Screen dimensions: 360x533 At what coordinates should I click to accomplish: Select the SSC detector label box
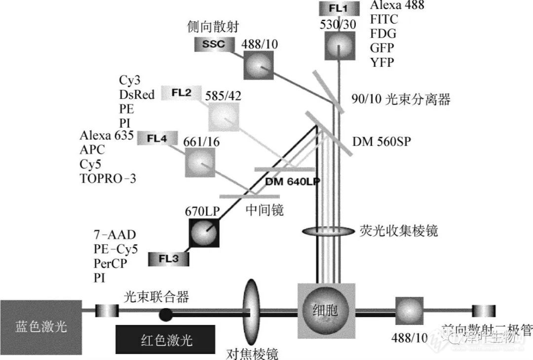pyautogui.click(x=213, y=44)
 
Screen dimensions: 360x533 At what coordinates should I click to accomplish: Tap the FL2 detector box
pyautogui.click(x=181, y=92)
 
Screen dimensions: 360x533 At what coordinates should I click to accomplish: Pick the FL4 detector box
pyautogui.click(x=157, y=139)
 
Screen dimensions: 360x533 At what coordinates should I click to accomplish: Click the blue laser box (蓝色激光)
pyautogui.click(x=40, y=326)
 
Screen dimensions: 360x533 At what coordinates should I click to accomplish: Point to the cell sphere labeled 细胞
pyautogui.click(x=326, y=311)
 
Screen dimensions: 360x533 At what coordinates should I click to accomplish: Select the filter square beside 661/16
pyautogui.click(x=200, y=162)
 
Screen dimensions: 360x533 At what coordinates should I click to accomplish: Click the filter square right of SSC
pyautogui.click(x=258, y=65)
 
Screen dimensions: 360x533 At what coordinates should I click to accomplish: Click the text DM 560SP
pyautogui.click(x=381, y=142)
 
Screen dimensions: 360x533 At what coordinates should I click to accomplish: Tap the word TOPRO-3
pyautogui.click(x=107, y=179)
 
